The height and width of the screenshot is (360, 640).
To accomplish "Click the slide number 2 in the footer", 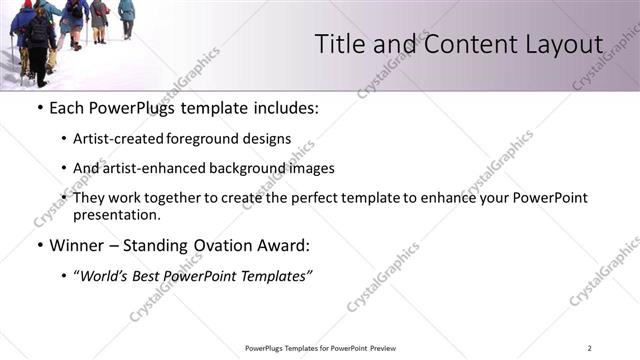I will coord(590,348).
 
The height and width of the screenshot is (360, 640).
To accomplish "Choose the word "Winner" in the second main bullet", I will coord(78,245).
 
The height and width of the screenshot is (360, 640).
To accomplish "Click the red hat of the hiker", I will coord(27,4).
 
